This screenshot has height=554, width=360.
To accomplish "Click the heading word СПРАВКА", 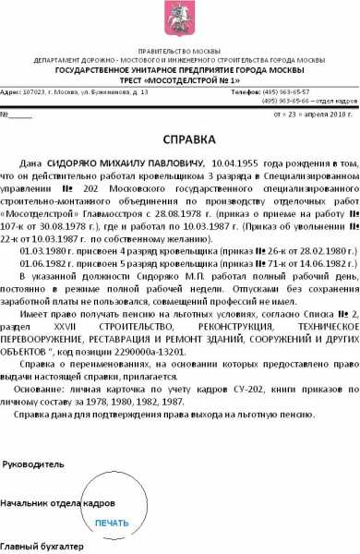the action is [x=179, y=139].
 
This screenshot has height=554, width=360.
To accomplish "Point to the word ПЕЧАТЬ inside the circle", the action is [x=113, y=523].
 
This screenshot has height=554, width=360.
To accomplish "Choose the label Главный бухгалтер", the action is [x=40, y=547].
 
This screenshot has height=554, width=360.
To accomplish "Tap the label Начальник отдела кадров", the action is [x=57, y=504].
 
